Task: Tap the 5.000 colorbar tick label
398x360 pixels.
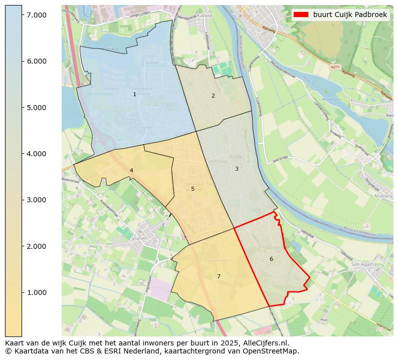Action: coord(36,108)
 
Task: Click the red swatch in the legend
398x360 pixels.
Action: coord(301,15)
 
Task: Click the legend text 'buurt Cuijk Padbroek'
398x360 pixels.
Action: coord(350,15)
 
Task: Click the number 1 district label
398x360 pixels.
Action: coord(134,94)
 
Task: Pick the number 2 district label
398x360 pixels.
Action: coord(213,96)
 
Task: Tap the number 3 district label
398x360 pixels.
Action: coord(237,169)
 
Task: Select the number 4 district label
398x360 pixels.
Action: coord(131,170)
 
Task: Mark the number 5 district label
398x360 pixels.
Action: coord(192,189)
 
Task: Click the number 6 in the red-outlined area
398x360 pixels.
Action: coord(271,259)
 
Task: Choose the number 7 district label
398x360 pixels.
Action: coord(219,276)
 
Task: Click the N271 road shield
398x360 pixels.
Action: coord(335,66)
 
